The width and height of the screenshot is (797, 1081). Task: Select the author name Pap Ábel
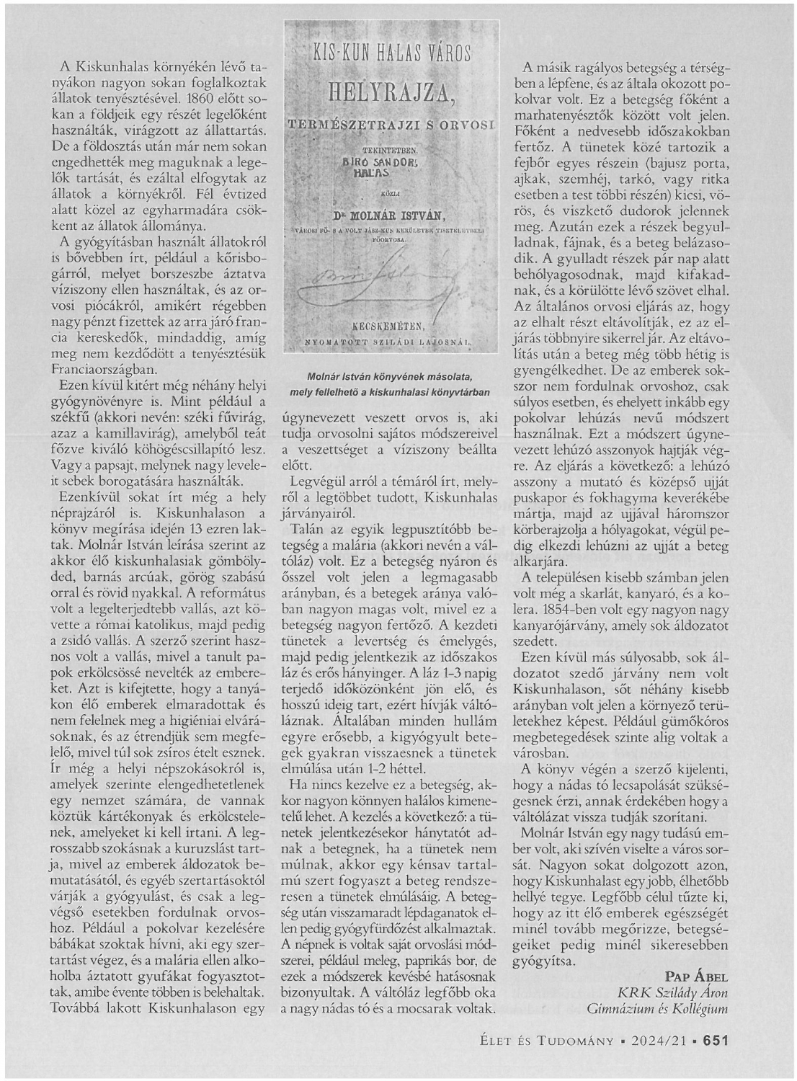click(696, 977)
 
